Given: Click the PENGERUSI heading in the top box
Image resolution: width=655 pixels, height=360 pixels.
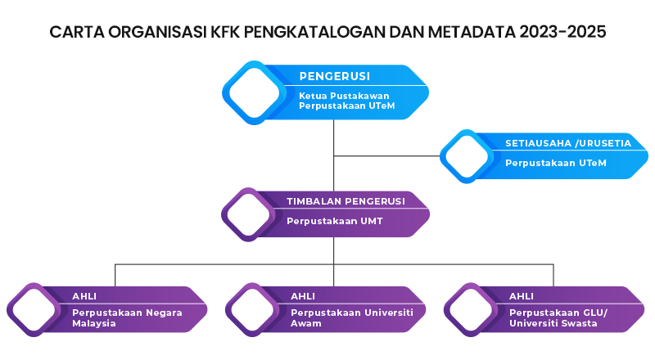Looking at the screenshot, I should pyautogui.click(x=334, y=77).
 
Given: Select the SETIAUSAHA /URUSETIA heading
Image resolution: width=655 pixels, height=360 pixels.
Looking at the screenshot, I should pyautogui.click(x=567, y=143).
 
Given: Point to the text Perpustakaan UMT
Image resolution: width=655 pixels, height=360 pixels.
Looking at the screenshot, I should pyautogui.click(x=323, y=221).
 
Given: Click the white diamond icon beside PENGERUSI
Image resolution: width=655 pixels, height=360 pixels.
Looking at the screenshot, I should pyautogui.click(x=254, y=92).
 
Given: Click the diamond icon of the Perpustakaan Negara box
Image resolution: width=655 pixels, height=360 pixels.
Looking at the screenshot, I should pyautogui.click(x=35, y=309).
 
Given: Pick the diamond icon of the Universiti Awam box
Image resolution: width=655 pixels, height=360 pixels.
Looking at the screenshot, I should pyautogui.click(x=254, y=309).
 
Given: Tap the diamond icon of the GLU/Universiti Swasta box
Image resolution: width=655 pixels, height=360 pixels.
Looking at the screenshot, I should pyautogui.click(x=472, y=309).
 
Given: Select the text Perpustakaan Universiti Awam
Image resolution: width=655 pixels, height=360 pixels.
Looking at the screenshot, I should pyautogui.click(x=351, y=317).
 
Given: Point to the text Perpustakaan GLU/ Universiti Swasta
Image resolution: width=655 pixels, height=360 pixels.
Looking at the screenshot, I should pyautogui.click(x=561, y=317).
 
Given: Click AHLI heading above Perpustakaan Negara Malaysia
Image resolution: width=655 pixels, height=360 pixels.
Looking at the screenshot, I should pyautogui.click(x=84, y=296).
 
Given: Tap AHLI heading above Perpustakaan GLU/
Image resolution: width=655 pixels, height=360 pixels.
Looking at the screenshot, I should pyautogui.click(x=522, y=296).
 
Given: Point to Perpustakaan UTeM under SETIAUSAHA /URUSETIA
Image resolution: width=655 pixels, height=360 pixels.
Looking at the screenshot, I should pyautogui.click(x=555, y=163).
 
